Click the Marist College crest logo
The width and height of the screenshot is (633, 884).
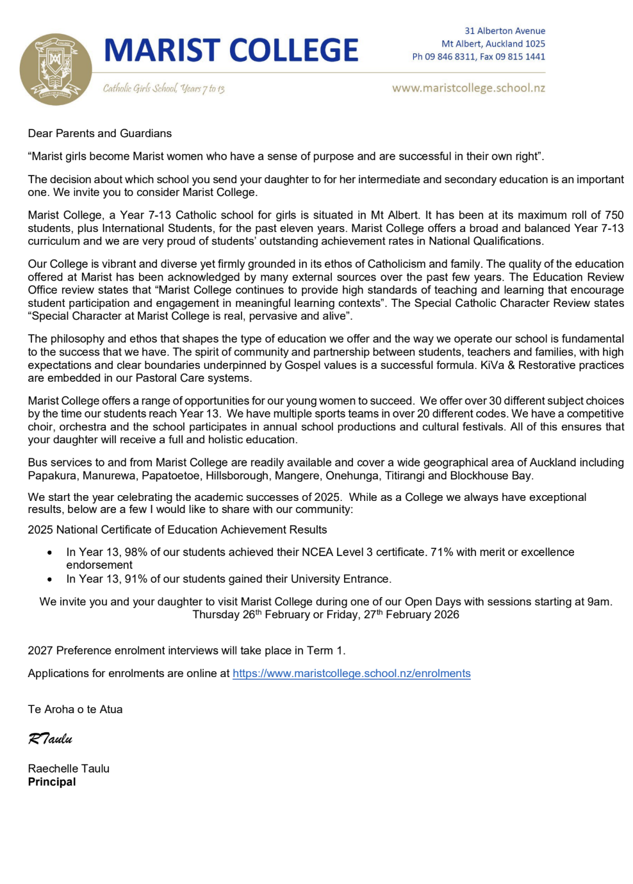point(56,69)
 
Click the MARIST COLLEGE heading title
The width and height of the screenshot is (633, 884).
point(231,51)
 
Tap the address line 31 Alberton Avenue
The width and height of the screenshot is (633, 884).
point(505,31)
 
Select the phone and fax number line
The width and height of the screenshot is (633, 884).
point(479,56)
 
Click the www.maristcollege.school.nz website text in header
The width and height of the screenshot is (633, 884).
point(468,88)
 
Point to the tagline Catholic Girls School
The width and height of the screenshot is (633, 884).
point(163,88)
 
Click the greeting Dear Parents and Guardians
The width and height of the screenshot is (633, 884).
point(99,133)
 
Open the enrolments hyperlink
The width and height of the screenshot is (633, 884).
point(351,673)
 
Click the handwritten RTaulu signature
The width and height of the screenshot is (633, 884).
point(50,739)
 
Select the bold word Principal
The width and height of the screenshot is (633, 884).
point(52,782)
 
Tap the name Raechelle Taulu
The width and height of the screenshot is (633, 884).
point(69,768)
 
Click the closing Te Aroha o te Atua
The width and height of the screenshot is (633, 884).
point(75,709)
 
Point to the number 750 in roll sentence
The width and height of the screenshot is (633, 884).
point(614,215)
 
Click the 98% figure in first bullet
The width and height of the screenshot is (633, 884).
point(136,552)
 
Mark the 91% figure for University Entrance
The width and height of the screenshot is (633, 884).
point(136,579)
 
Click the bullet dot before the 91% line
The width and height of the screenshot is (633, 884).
point(50,579)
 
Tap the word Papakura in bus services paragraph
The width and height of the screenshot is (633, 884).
point(51,475)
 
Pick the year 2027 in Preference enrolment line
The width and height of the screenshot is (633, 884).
point(40,650)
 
